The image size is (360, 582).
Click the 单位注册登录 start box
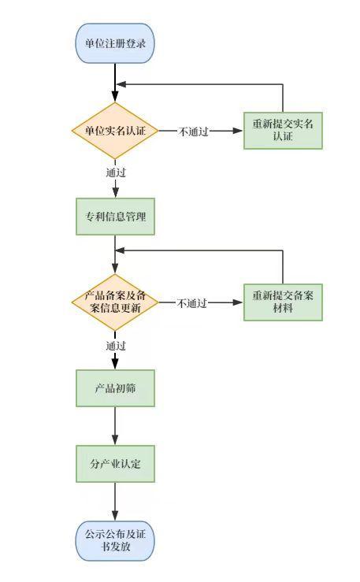[115, 43]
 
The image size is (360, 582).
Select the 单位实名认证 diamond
[115, 131]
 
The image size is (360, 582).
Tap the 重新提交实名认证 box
[283, 131]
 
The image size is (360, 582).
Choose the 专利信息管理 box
[115, 217]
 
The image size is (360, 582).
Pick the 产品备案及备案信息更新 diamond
[115, 302]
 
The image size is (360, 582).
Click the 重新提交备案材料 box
[283, 302]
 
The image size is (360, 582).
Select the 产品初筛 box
[115, 388]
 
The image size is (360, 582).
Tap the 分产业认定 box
[115, 464]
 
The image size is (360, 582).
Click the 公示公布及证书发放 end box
[115, 541]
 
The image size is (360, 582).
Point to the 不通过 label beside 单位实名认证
[194, 131]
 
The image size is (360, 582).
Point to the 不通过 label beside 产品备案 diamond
[192, 303]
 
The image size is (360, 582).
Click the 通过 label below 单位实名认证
[116, 172]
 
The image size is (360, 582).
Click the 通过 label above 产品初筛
[116, 346]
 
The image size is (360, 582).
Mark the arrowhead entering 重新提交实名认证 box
[238, 131]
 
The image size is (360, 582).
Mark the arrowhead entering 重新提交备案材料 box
[238, 302]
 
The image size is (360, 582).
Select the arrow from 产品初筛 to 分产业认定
[115, 426]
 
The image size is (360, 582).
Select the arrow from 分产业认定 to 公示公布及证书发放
[115, 502]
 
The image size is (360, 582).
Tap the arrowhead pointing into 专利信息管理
[116, 193]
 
